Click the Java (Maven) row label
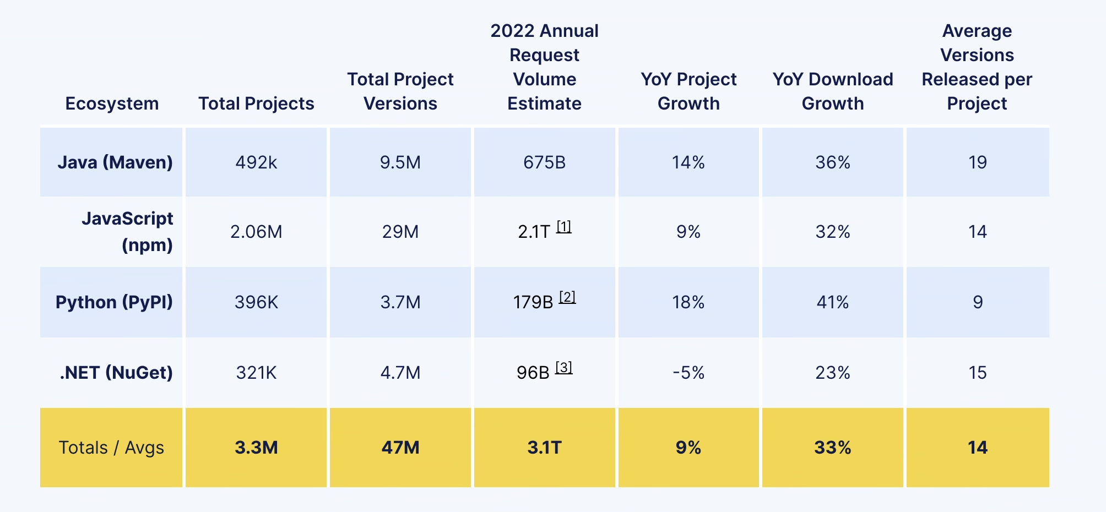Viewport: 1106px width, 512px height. click(115, 162)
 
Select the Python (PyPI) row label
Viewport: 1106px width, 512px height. click(114, 302)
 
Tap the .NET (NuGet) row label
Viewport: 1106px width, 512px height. click(116, 373)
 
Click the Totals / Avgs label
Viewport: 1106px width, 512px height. click(111, 448)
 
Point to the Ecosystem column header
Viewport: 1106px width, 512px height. click(112, 104)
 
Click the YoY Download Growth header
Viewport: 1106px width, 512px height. click(832, 91)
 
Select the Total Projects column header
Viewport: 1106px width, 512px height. click(256, 104)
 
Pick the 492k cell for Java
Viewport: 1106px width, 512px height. click(256, 162)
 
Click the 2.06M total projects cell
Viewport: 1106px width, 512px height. click(256, 232)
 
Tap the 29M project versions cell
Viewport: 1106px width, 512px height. click(400, 232)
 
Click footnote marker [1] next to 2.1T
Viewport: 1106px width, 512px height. click(563, 226)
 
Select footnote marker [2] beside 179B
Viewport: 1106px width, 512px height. click(567, 297)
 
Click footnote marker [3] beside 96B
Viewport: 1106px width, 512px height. click(563, 367)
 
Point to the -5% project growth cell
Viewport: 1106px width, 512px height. click(688, 373)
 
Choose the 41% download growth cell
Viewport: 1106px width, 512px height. click(832, 302)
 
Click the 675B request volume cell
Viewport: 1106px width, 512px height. click(544, 162)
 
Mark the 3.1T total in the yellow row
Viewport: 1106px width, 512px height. click(544, 448)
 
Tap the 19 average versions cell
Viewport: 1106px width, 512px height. click(978, 162)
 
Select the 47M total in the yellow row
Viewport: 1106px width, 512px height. click(400, 448)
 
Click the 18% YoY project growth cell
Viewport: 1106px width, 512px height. click(688, 302)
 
